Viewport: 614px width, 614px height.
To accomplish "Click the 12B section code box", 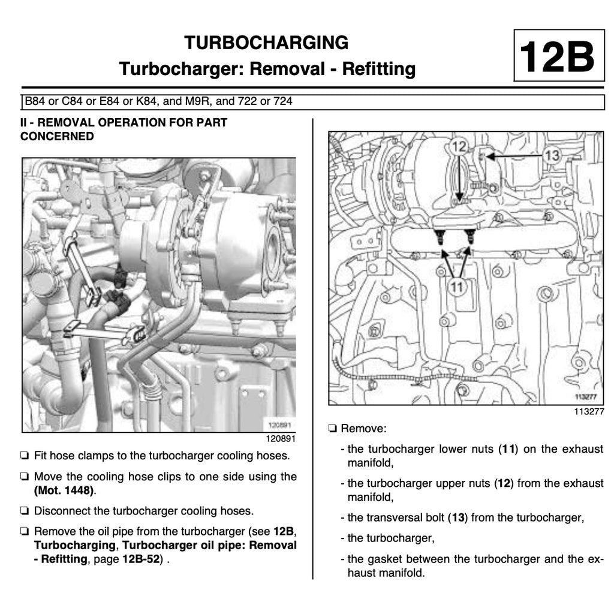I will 558,56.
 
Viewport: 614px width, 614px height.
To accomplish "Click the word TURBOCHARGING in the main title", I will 266,43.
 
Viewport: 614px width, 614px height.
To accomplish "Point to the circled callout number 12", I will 459,146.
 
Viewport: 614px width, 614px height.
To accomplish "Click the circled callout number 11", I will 457,287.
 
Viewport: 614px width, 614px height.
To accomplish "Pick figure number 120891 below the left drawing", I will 281,438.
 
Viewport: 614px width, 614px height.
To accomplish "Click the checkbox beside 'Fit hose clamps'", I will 25,456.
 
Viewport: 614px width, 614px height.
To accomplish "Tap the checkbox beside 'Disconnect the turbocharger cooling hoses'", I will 25,511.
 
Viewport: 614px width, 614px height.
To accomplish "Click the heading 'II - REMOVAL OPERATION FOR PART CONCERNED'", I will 124,129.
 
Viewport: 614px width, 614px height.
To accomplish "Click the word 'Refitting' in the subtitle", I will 378,69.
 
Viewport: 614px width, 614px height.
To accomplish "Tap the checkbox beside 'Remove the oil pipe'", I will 25,532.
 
